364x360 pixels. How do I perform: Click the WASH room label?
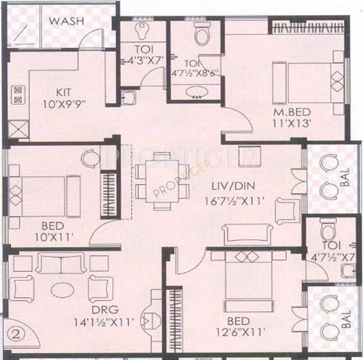[67, 21]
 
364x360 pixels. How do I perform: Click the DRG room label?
[106, 309]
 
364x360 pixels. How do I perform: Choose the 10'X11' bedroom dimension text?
[54, 238]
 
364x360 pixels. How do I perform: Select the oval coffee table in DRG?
[61, 288]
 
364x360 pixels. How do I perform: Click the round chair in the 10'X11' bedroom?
[90, 158]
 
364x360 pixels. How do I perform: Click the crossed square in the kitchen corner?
[18, 128]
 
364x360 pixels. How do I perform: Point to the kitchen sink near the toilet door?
[128, 98]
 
